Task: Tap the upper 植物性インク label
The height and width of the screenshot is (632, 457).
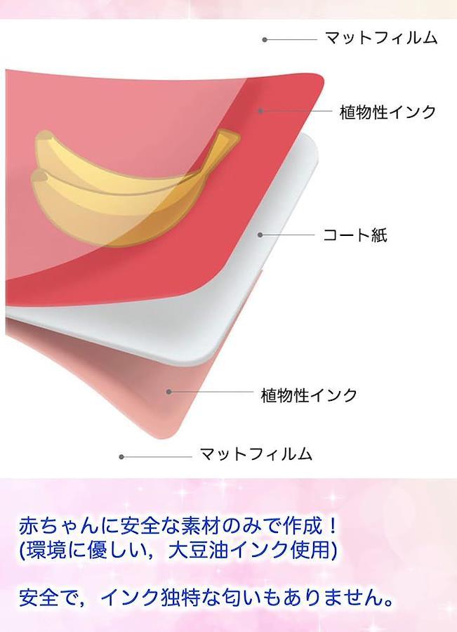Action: pos(388,112)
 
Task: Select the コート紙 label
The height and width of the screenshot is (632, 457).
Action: pos(355,235)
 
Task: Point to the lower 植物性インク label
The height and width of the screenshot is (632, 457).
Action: pos(309,395)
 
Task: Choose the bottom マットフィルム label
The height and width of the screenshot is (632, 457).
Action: pos(256,454)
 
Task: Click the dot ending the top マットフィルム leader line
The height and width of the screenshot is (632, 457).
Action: pos(265,39)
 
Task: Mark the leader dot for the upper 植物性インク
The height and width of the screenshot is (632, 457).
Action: pos(260,110)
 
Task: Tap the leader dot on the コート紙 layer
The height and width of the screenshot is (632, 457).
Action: pos(260,235)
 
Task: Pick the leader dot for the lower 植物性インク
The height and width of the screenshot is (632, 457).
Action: pos(169,391)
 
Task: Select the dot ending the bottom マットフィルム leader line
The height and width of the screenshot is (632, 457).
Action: pos(121,456)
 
